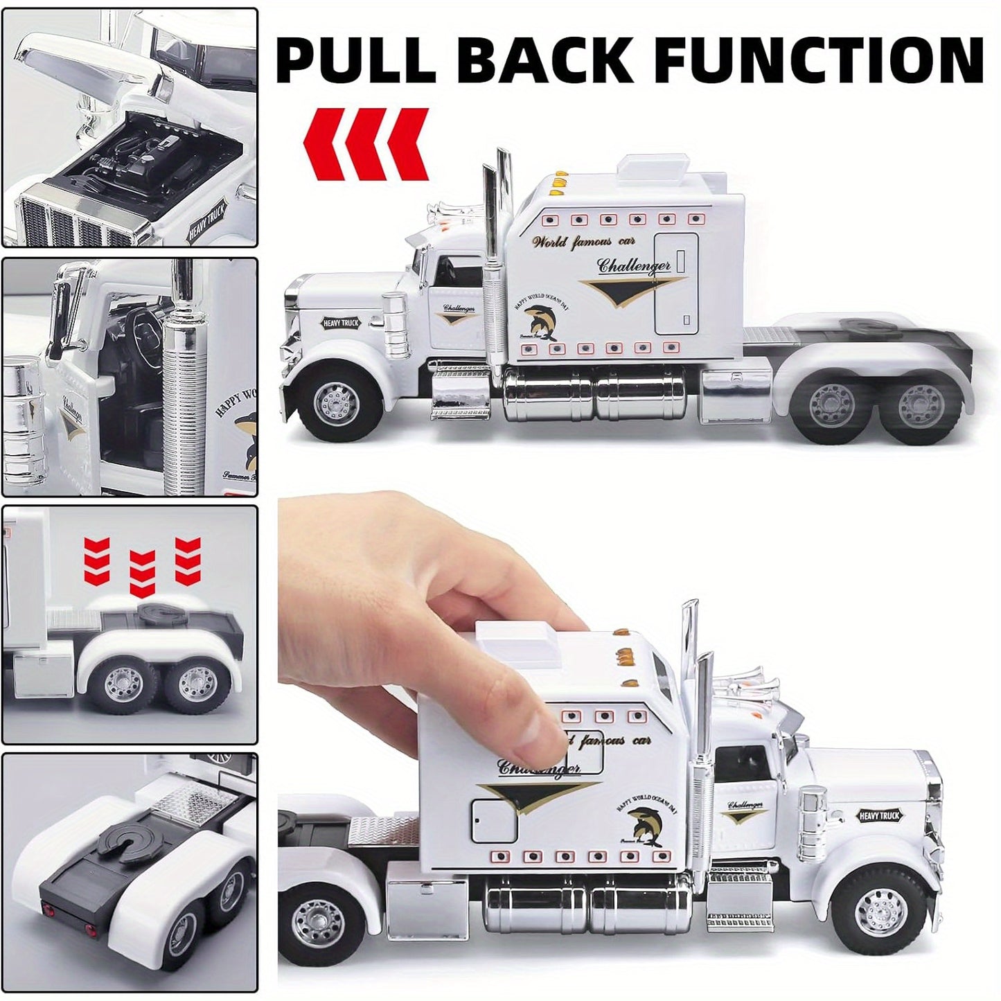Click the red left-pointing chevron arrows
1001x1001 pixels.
[x=366, y=144]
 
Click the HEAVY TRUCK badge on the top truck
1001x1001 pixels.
[x=341, y=323]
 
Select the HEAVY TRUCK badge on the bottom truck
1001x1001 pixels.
[x=879, y=815]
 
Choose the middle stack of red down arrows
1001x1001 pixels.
[x=142, y=574]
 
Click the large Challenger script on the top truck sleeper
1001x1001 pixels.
[x=633, y=266]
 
